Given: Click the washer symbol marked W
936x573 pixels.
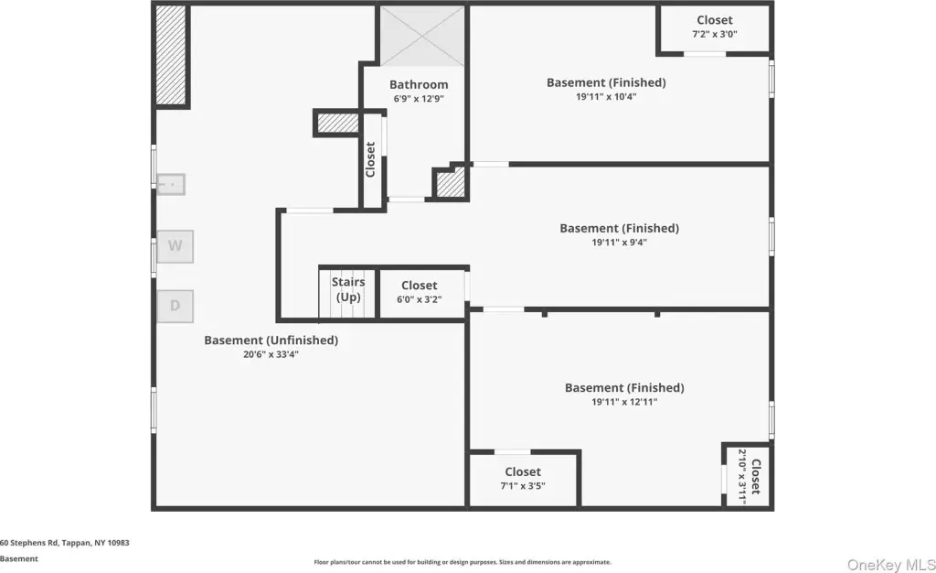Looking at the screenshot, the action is tap(175, 246).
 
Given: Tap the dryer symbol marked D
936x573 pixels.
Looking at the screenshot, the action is tap(175, 306).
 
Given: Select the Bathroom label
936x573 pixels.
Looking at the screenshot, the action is tap(419, 85).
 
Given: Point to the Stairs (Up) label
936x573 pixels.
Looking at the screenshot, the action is tap(348, 289).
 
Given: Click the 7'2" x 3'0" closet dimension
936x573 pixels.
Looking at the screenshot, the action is tap(715, 34).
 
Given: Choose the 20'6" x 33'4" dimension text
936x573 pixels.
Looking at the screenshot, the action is tap(271, 354).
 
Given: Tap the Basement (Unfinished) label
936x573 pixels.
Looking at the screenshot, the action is tap(271, 340).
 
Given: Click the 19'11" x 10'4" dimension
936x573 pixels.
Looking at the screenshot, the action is tap(606, 97).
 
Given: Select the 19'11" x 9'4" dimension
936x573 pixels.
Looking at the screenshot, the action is tap(619, 243).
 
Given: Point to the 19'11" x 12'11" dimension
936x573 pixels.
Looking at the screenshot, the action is tap(624, 402).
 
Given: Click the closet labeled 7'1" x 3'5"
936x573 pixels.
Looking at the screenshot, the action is tap(523, 479).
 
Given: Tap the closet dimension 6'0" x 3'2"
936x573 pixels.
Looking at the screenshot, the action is tap(419, 299).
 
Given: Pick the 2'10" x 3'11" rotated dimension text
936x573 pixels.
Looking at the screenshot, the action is tap(742, 477).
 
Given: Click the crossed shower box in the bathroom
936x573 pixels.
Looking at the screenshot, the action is tap(422, 36).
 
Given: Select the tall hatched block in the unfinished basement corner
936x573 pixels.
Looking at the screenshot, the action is tap(171, 55).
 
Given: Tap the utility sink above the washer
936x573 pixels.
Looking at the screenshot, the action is tap(171, 184).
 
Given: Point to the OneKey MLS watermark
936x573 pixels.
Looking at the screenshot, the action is tap(891, 565).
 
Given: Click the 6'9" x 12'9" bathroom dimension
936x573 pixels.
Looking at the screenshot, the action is tap(419, 99).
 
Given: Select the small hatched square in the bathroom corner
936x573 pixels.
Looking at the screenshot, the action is tap(451, 183).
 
